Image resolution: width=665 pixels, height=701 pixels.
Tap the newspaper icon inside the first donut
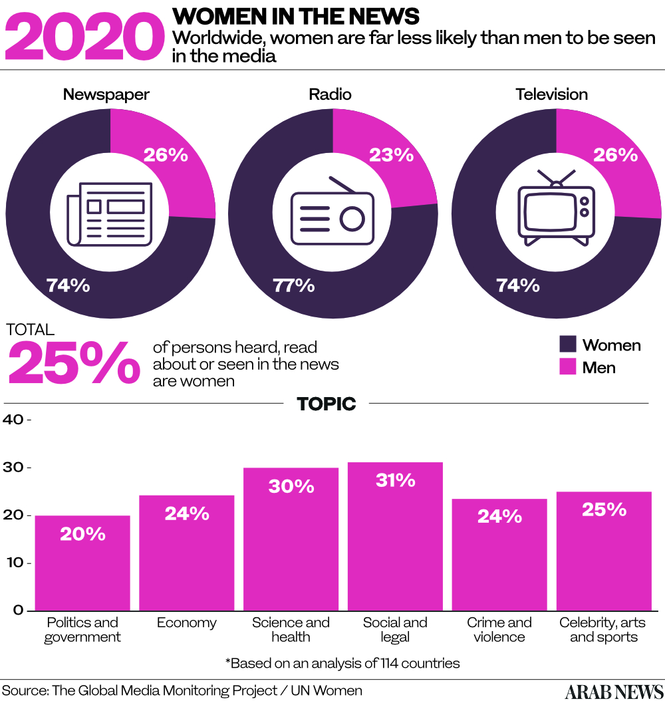(110, 213)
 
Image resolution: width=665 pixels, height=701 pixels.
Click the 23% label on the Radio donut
(392, 155)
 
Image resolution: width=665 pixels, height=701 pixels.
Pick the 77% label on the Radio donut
(293, 285)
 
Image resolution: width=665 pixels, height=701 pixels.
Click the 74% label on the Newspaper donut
(68, 285)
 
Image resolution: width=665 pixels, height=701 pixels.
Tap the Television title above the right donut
(552, 94)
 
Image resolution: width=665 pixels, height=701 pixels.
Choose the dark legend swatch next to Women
(567, 345)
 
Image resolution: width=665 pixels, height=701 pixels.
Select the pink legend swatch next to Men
(567, 366)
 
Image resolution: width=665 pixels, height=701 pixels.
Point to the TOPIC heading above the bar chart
(326, 404)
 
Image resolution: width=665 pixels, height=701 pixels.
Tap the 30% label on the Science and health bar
(291, 486)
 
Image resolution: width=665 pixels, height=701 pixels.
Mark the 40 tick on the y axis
(15, 420)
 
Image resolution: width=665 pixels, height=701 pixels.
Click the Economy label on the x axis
(187, 623)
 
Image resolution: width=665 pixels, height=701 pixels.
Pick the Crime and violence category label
(499, 630)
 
